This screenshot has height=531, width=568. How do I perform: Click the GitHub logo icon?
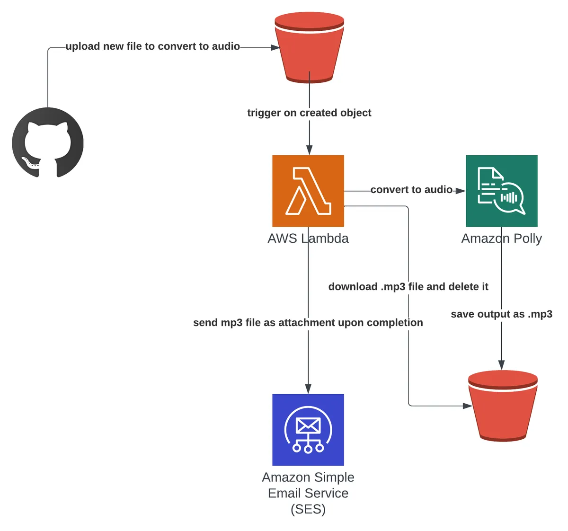pyautogui.click(x=48, y=142)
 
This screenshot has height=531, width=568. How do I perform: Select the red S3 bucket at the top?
pyautogui.click(x=309, y=47)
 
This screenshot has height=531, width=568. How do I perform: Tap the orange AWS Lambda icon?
pyautogui.click(x=308, y=191)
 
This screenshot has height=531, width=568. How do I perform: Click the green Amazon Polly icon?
pyautogui.click(x=501, y=191)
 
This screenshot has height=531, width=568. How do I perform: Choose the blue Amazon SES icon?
pyautogui.click(x=308, y=429)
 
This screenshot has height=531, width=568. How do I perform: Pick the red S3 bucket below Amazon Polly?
pyautogui.click(x=503, y=406)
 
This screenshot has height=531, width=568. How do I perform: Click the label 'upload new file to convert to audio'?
pyautogui.click(x=152, y=46)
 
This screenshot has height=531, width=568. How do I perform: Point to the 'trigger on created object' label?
pyautogui.click(x=309, y=113)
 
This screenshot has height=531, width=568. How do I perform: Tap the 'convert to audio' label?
pyautogui.click(x=411, y=190)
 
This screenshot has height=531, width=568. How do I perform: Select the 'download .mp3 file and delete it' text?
pyautogui.click(x=408, y=287)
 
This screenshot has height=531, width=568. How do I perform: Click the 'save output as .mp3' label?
pyautogui.click(x=501, y=314)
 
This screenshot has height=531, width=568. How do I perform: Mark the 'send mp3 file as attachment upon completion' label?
pyautogui.click(x=308, y=323)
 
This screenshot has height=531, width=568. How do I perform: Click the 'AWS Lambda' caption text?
pyautogui.click(x=308, y=239)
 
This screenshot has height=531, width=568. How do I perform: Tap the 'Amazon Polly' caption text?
pyautogui.click(x=501, y=239)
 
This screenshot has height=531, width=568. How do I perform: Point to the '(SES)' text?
pyautogui.click(x=308, y=509)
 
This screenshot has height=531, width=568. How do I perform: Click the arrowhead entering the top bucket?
pyautogui.click(x=275, y=47)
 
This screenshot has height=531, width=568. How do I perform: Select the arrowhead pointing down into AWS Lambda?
pyautogui.click(x=309, y=150)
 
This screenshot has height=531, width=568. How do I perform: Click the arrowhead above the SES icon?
pyautogui.click(x=308, y=389)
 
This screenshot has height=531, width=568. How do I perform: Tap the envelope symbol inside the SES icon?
pyautogui.click(x=308, y=425)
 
